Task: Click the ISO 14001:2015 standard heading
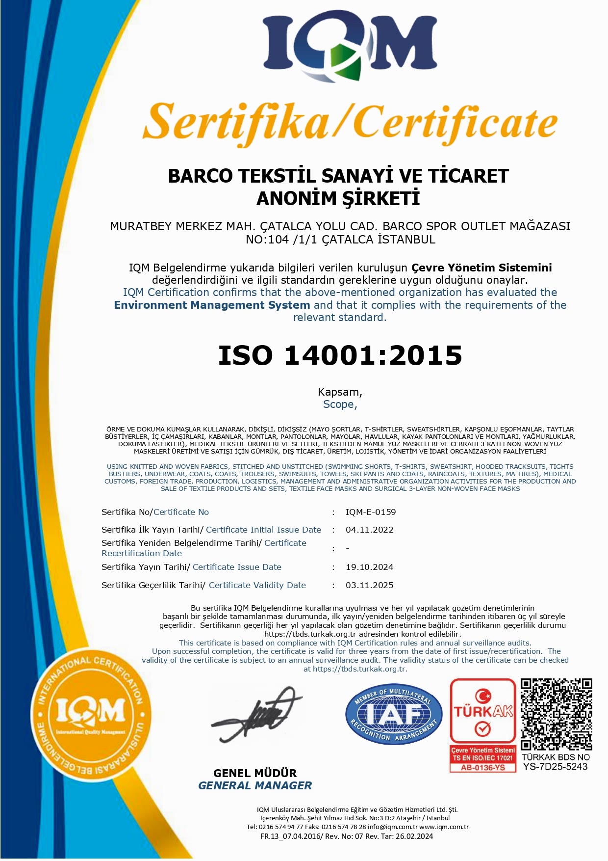pos(340,355)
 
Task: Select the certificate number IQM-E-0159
pos(371,512)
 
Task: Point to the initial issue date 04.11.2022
pos(369,530)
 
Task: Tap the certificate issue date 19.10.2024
pos(369,567)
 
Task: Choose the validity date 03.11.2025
pos(369,585)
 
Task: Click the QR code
pos(556,714)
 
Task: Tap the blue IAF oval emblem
pos(394,714)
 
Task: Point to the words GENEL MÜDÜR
pos(255,773)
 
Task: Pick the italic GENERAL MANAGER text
pos(255,786)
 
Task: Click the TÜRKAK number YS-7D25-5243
pos(555,767)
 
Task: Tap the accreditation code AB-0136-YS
pos(483,768)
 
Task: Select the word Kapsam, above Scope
pos(340,392)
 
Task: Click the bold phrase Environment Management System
pos(212,305)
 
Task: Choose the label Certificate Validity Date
pos(257,585)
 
